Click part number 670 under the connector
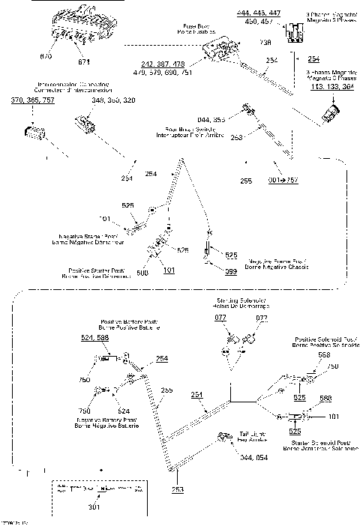(x=44, y=56)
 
